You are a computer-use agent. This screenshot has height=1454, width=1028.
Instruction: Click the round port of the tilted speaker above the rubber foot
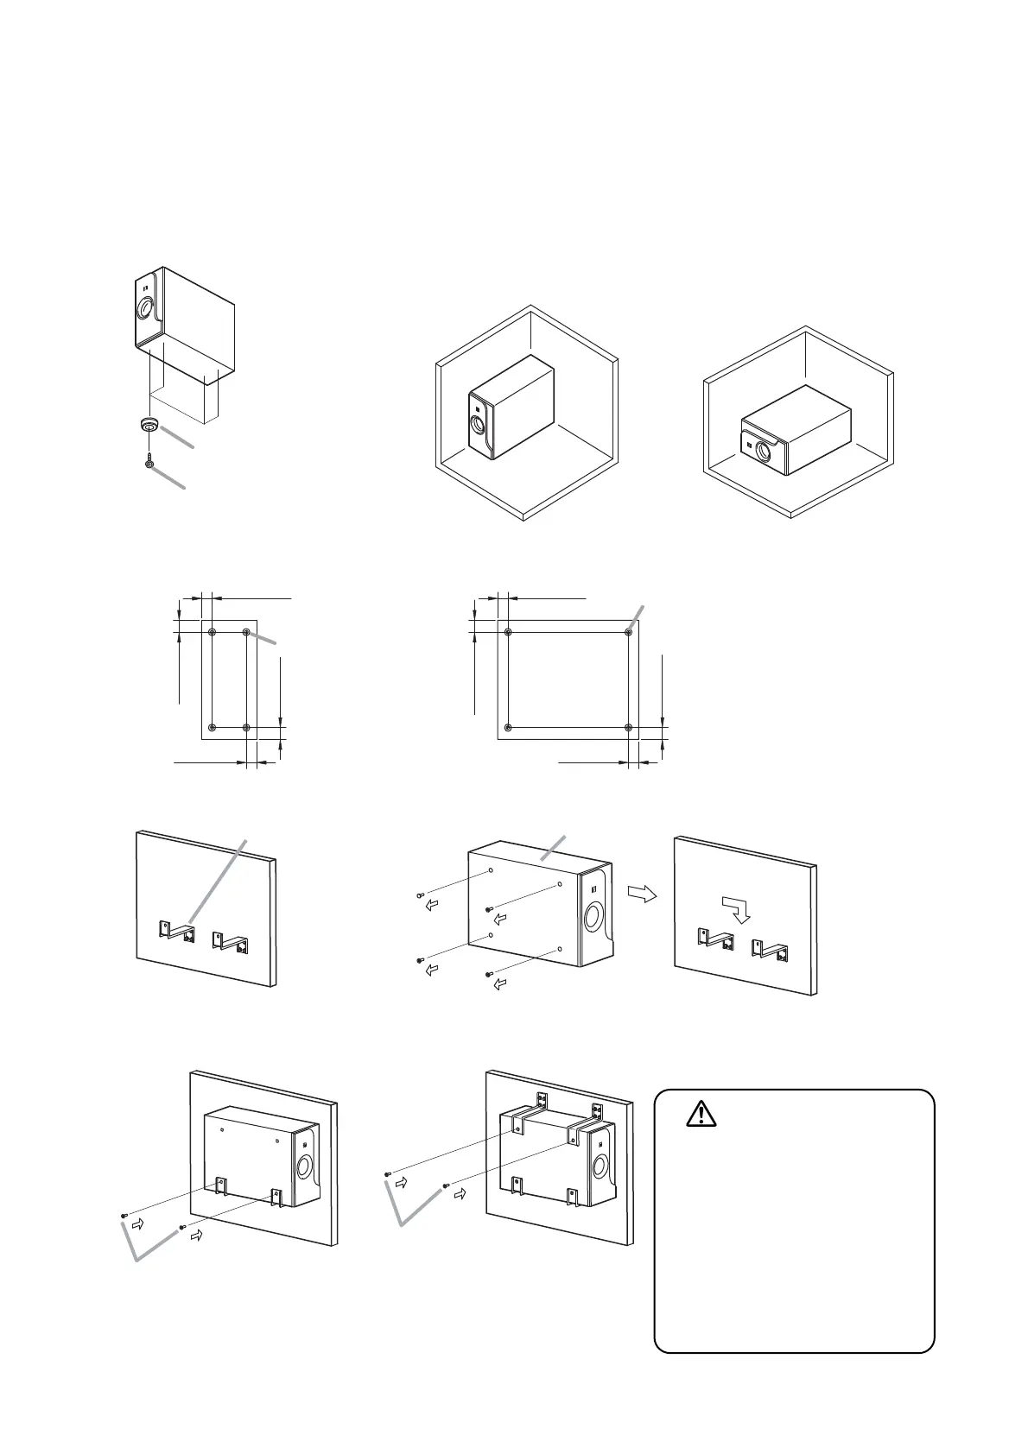click(x=146, y=309)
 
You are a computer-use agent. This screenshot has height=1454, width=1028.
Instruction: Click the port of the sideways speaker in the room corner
click(x=764, y=450)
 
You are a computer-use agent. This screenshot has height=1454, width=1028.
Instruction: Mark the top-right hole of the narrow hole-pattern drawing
click(x=246, y=633)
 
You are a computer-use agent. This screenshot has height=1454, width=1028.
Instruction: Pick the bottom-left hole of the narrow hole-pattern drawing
click(x=211, y=728)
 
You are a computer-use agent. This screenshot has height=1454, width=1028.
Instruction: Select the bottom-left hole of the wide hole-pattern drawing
click(x=508, y=727)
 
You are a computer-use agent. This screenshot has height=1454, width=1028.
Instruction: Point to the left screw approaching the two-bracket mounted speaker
click(x=124, y=1215)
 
